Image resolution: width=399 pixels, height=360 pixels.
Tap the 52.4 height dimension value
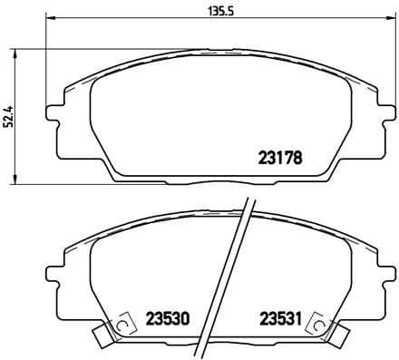coord(8,117)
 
